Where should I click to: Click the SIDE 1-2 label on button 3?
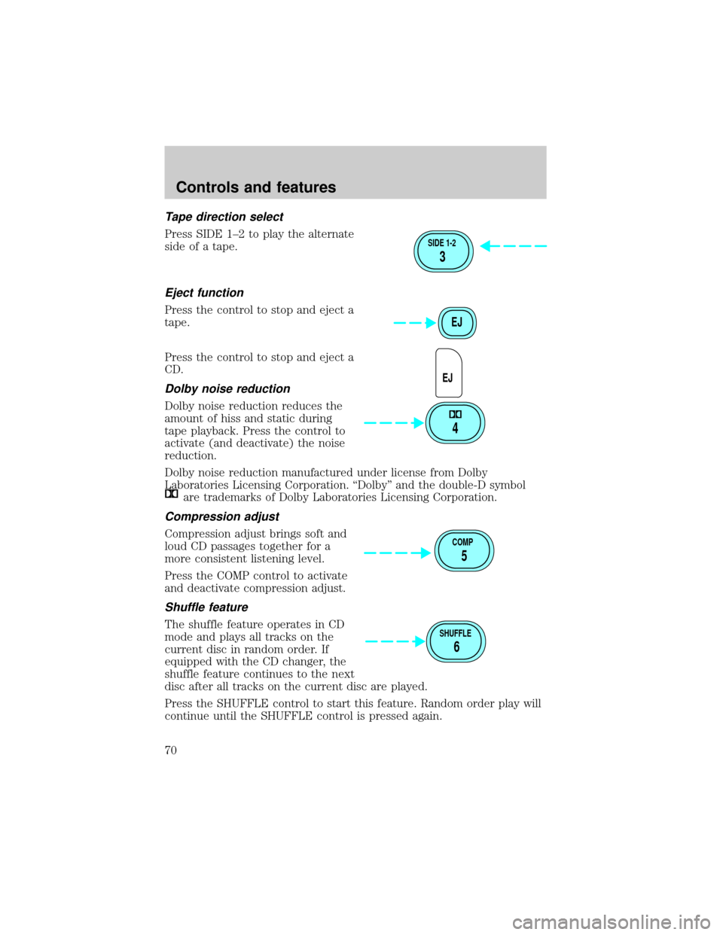pos(442,243)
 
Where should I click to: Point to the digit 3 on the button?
pos(442,257)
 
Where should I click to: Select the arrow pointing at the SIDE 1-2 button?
pos(514,246)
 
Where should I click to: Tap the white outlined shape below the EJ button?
pos(449,373)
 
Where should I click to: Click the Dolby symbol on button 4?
pos(455,414)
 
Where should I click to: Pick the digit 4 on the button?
pos(455,428)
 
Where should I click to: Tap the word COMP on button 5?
pos(463,542)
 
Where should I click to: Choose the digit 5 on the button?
pos(464,556)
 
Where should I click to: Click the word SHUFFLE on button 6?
pos(456,633)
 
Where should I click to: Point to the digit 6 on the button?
pos(456,647)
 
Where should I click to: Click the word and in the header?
pos(255,187)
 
